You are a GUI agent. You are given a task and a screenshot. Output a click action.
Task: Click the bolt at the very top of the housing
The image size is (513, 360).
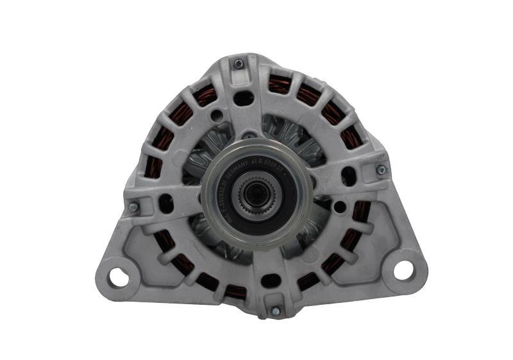pyautogui.click(x=239, y=64)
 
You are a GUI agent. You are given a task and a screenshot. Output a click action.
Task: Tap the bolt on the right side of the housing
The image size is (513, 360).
pyautogui.click(x=381, y=170)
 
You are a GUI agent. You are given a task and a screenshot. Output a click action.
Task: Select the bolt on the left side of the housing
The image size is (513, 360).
pyautogui.click(x=134, y=207)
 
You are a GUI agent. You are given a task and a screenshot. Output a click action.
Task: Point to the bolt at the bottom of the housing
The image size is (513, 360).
pyautogui.click(x=275, y=311)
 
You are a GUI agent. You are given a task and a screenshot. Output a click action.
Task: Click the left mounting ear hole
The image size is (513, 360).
pyautogui.click(x=118, y=277)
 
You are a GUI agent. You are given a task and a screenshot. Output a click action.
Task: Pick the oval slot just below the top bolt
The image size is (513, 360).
pyautogui.click(x=244, y=98)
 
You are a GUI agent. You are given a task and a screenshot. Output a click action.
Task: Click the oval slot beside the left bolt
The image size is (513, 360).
pyautogui.click(x=165, y=203)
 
